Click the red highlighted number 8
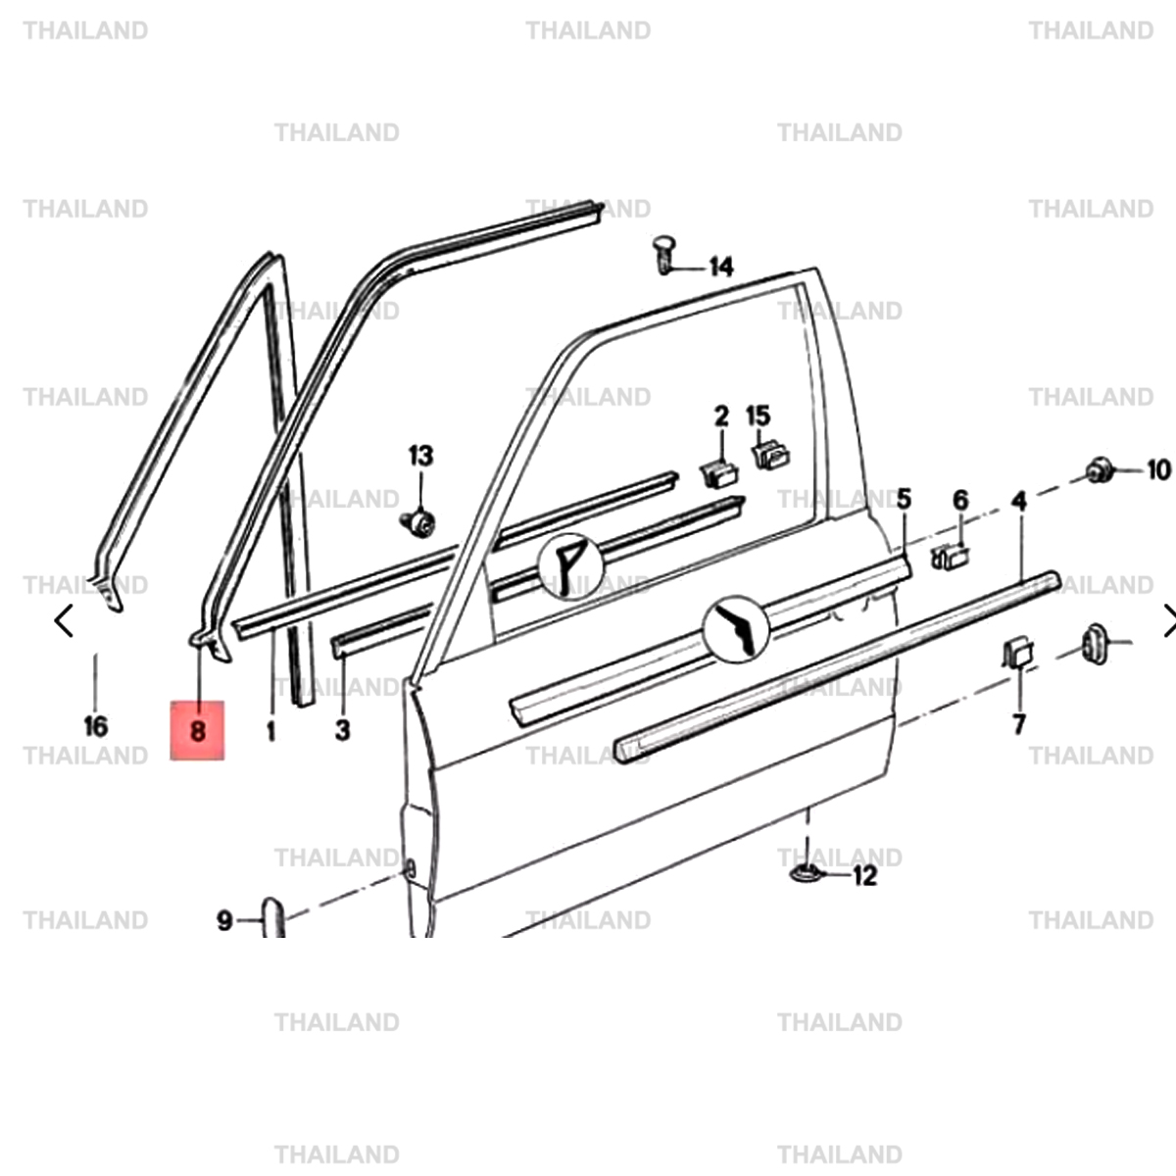click(198, 730)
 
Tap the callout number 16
click(95, 726)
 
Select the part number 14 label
click(720, 267)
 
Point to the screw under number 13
click(419, 521)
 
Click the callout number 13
click(420, 456)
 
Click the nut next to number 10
click(1100, 470)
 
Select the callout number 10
click(1158, 470)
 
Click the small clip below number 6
click(950, 557)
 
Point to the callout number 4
click(1019, 502)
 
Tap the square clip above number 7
click(1017, 652)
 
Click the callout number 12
click(864, 875)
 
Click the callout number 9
click(224, 920)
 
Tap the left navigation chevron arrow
click(65, 620)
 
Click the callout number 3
click(342, 729)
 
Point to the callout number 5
click(904, 499)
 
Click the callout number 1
click(270, 730)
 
